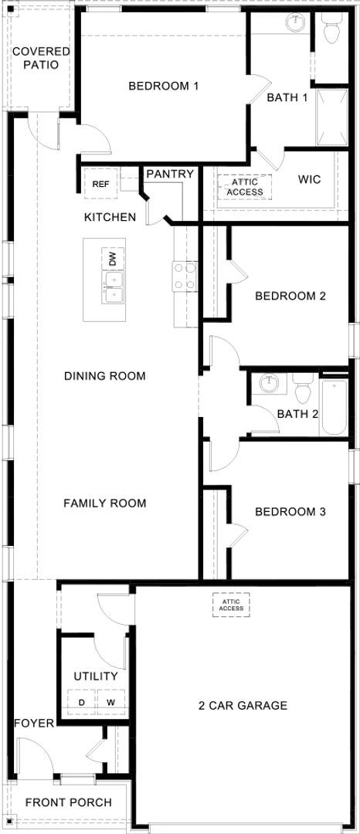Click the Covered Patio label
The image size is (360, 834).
pyautogui.click(x=40, y=58)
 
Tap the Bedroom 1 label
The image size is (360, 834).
pyautogui.click(x=164, y=86)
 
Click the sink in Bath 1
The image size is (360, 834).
pyautogui.click(x=295, y=23)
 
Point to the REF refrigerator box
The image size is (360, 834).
pyautogui.click(x=100, y=184)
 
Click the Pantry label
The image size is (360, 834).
pyautogui.click(x=170, y=174)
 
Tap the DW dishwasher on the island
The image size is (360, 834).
pyautogui.click(x=113, y=259)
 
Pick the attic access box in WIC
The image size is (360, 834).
pyautogui.click(x=246, y=186)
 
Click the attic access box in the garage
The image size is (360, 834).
pyautogui.click(x=231, y=604)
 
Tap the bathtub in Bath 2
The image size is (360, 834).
pyautogui.click(x=335, y=407)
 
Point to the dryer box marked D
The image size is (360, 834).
pyautogui.click(x=81, y=702)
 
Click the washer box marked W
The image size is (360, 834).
pyautogui.click(x=110, y=702)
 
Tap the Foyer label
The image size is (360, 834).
pyautogui.click(x=34, y=723)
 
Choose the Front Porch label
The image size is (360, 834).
pyautogui.click(x=68, y=802)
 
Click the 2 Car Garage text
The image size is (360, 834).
pyautogui.click(x=243, y=705)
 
